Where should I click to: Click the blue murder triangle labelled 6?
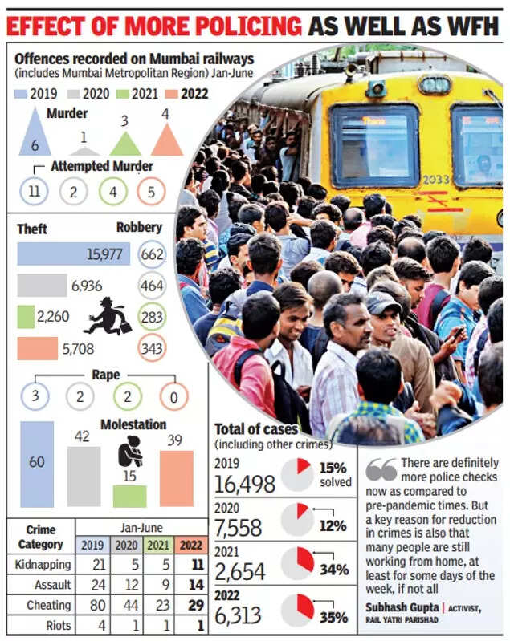click(35, 137)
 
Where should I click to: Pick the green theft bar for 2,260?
click(26, 317)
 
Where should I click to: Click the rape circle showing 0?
click(173, 395)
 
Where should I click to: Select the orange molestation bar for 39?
click(176, 479)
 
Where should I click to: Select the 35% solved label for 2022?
click(335, 617)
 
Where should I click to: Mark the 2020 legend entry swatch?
click(73, 93)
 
